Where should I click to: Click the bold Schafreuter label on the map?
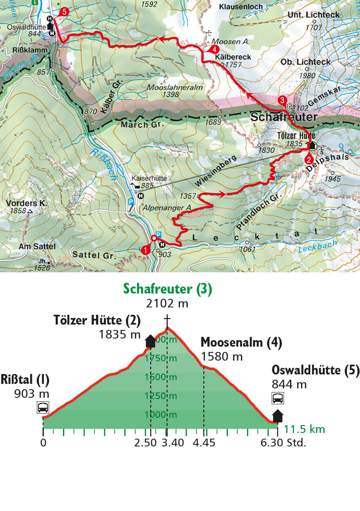point(283,117)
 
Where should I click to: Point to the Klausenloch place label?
point(240,7)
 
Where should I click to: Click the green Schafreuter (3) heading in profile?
point(168,289)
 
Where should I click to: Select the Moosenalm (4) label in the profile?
point(241,343)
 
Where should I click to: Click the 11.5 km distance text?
point(304,429)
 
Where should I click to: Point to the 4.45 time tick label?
point(204,443)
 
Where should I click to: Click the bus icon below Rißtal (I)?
point(43,407)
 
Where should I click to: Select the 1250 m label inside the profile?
point(162,396)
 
